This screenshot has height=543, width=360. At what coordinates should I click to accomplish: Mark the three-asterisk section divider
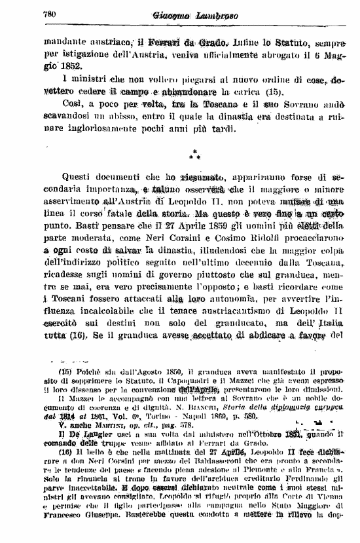tap(194, 155)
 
